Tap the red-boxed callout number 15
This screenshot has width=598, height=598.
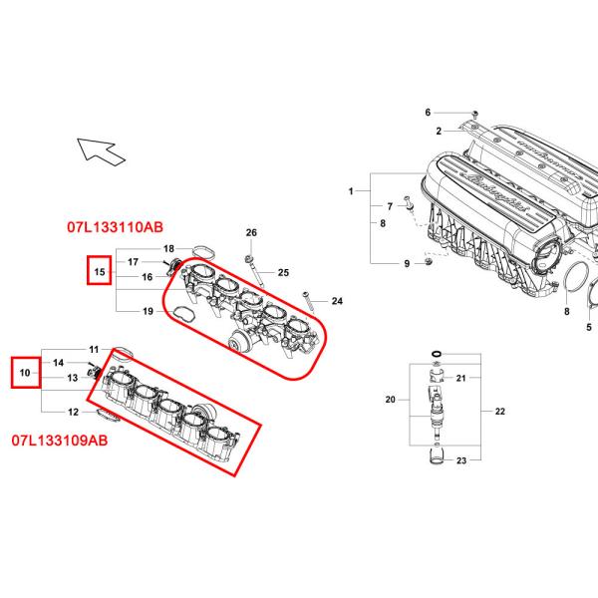click(99, 270)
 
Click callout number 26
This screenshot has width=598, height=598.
click(252, 233)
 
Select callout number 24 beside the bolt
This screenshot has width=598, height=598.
click(337, 300)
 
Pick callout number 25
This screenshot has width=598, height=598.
click(283, 272)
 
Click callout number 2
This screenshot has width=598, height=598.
click(437, 131)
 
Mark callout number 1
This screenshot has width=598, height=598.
click(351, 190)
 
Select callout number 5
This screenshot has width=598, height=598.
click(589, 327)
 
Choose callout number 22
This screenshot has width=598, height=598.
click(499, 411)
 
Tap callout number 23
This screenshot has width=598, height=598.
click(461, 460)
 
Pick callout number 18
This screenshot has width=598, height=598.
click(168, 248)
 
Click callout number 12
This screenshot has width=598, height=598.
click(73, 412)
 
